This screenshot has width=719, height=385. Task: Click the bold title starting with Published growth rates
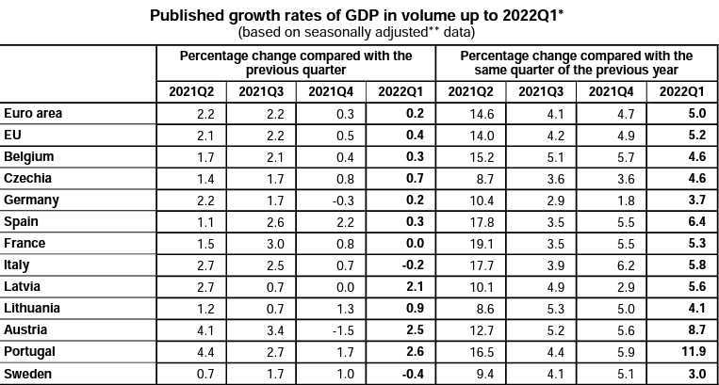coord(359,16)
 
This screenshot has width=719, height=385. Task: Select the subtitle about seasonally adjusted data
coord(359,32)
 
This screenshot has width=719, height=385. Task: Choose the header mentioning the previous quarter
coord(296,63)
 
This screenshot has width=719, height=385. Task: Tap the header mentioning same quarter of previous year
coord(576,63)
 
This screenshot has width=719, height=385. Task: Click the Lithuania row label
coord(32,308)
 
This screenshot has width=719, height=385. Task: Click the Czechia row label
coord(27,178)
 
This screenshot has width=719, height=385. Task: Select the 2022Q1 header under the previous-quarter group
coord(400,91)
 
